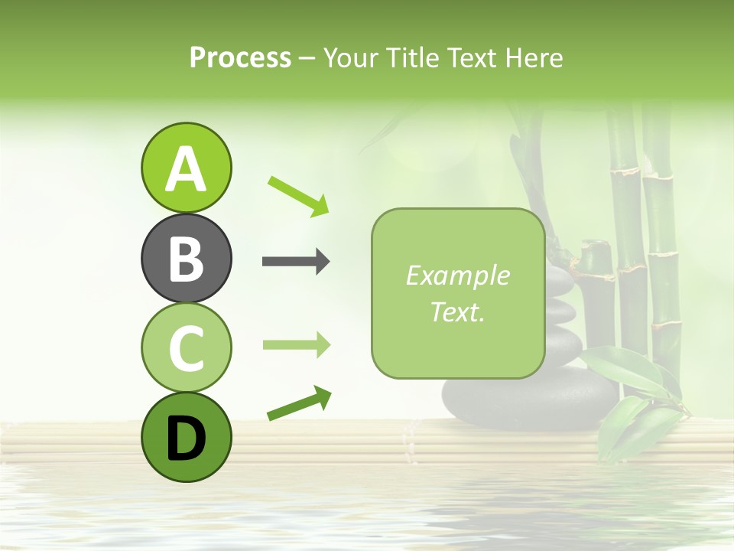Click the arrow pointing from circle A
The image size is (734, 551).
click(x=298, y=195)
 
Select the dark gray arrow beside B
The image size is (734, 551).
click(x=296, y=262)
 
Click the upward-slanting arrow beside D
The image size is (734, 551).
click(x=299, y=403)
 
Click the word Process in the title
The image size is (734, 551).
click(x=240, y=57)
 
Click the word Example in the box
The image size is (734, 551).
click(x=457, y=275)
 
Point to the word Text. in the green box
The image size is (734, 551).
click(x=457, y=311)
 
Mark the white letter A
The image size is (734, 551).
click(x=186, y=168)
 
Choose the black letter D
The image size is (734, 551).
click(x=186, y=439)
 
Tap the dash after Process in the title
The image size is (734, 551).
click(x=307, y=58)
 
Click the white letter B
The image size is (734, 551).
click(x=186, y=259)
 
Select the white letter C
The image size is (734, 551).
click(x=186, y=348)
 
